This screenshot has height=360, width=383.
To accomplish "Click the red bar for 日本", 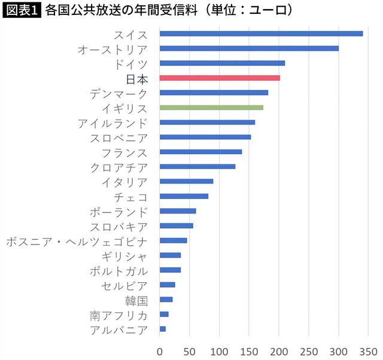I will (x=220, y=78).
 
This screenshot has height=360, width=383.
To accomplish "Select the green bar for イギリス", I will (x=211, y=108).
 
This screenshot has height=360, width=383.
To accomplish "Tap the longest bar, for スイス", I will (x=261, y=33).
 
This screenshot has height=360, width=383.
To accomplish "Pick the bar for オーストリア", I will (x=249, y=48).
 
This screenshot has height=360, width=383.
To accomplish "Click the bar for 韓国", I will (x=166, y=300).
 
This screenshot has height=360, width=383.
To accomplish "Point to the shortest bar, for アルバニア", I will (x=163, y=329).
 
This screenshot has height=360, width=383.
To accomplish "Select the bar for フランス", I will (x=201, y=152).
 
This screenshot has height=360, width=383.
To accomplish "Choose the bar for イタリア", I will (x=186, y=181).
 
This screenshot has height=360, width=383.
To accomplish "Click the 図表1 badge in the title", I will (x=21, y=10).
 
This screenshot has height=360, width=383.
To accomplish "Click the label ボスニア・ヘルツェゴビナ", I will (x=77, y=240).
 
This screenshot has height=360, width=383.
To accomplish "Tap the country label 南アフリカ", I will (x=118, y=315).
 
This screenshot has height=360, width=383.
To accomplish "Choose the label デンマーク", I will (x=118, y=93).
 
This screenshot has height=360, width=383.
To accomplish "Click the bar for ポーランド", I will (x=178, y=211).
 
